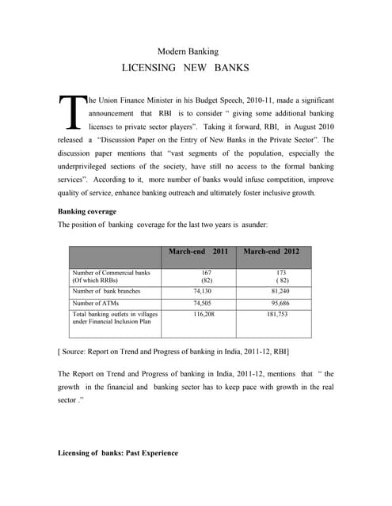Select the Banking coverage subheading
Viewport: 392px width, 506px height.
click(87, 212)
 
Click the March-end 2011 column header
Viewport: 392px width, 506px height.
click(197, 251)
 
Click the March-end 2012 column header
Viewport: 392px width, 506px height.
click(272, 251)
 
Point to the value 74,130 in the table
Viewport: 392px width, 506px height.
click(204, 290)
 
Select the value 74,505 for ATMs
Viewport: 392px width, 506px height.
click(204, 303)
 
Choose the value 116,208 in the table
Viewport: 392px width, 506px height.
click(204, 314)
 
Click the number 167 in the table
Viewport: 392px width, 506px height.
click(206, 273)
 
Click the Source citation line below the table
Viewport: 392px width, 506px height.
click(173, 349)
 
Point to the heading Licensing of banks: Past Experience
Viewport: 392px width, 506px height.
click(118, 453)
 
